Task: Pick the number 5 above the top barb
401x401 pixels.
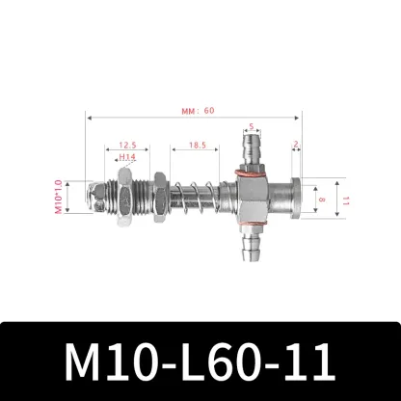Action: (x=252, y=125)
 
